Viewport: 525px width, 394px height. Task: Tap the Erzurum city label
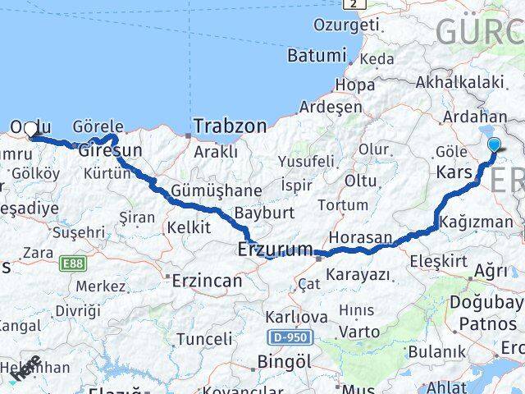(x=275, y=249)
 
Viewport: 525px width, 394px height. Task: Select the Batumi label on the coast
(x=317, y=56)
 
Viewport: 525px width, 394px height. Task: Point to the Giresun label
(x=111, y=151)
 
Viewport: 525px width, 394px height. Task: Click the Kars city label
(x=453, y=173)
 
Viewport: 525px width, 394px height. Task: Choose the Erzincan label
(x=207, y=281)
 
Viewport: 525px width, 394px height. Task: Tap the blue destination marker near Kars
(x=495, y=146)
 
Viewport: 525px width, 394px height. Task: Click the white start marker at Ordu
(x=31, y=129)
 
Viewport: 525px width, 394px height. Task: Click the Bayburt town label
(x=263, y=213)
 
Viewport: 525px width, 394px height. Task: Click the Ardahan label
(x=474, y=117)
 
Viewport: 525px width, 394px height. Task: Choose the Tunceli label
(x=204, y=338)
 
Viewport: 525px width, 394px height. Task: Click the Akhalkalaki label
(x=459, y=81)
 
